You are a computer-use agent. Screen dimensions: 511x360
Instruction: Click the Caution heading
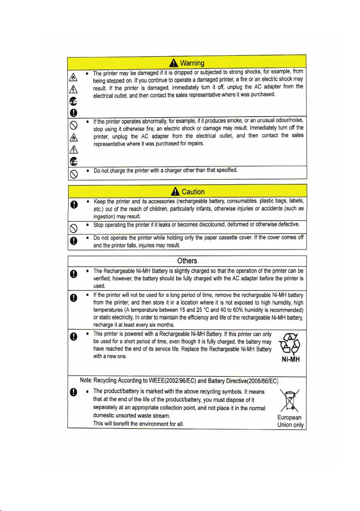coord(193,192)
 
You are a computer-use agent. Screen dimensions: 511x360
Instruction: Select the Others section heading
coord(187,261)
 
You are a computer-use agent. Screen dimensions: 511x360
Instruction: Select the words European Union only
coord(290,421)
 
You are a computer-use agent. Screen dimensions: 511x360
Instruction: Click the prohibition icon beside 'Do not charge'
coord(73,172)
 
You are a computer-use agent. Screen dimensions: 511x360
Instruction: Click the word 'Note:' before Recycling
coord(86,380)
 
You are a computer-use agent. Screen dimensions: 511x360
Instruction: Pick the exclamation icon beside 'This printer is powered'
coord(73,335)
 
